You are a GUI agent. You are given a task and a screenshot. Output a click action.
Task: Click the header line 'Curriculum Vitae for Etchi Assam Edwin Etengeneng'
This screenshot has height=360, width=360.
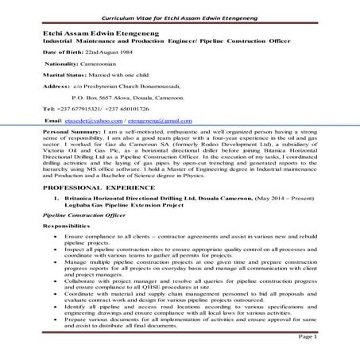coord(180,6)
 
